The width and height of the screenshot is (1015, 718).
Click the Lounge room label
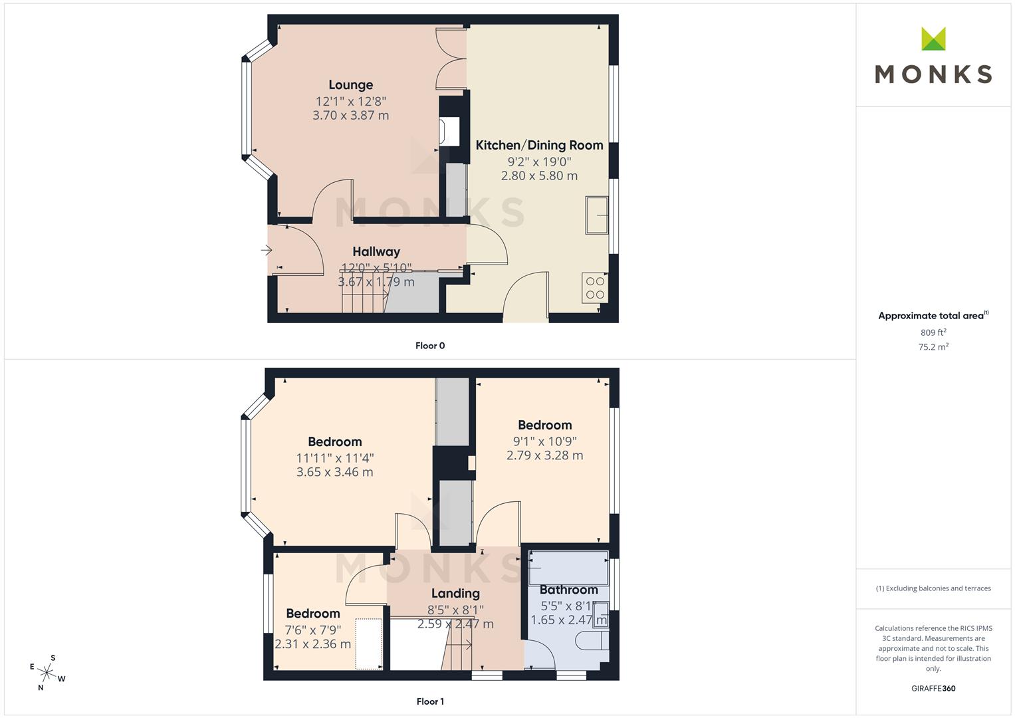tap(350, 85)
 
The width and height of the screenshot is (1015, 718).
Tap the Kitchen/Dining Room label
tap(539, 146)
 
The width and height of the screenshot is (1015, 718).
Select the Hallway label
tap(376, 252)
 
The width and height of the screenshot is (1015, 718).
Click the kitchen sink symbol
tap(597, 215)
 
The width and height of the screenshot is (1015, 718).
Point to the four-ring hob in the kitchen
tap(595, 288)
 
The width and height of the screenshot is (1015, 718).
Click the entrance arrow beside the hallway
tap(266, 251)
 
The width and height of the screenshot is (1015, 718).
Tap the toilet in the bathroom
tap(591, 641)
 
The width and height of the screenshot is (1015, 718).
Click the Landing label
tap(455, 594)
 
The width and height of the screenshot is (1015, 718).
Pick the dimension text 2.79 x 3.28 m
tap(544, 456)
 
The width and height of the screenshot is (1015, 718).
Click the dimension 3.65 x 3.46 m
tap(334, 473)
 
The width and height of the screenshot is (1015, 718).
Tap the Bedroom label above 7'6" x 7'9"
tap(312, 614)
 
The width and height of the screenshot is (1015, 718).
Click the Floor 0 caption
tap(430, 346)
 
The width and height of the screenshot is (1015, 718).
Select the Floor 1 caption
tap(430, 701)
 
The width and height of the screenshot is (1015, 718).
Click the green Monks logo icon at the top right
tap(933, 39)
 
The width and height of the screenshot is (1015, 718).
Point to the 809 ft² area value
tap(933, 332)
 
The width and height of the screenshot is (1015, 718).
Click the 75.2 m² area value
tap(933, 347)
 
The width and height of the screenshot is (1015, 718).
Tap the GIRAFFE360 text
tap(933, 689)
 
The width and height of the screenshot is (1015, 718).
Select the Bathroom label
tap(568, 590)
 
